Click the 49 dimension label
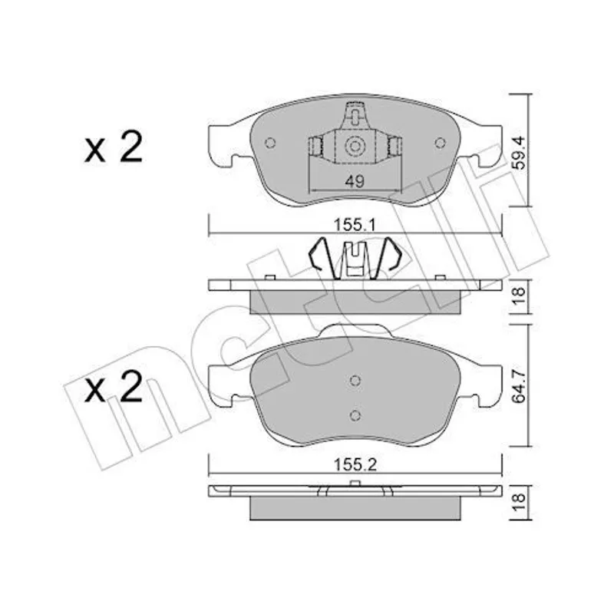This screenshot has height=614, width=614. coord(355,181)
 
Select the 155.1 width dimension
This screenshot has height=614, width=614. coord(355,225)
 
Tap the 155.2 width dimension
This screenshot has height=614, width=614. coord(355,465)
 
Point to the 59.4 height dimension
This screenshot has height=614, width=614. coord(520,152)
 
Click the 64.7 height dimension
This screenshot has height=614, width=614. coord(520,388)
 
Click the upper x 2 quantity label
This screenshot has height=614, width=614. coord(113,147)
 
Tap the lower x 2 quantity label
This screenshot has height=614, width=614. coord(113,387)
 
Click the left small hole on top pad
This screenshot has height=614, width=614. coord(270,143)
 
